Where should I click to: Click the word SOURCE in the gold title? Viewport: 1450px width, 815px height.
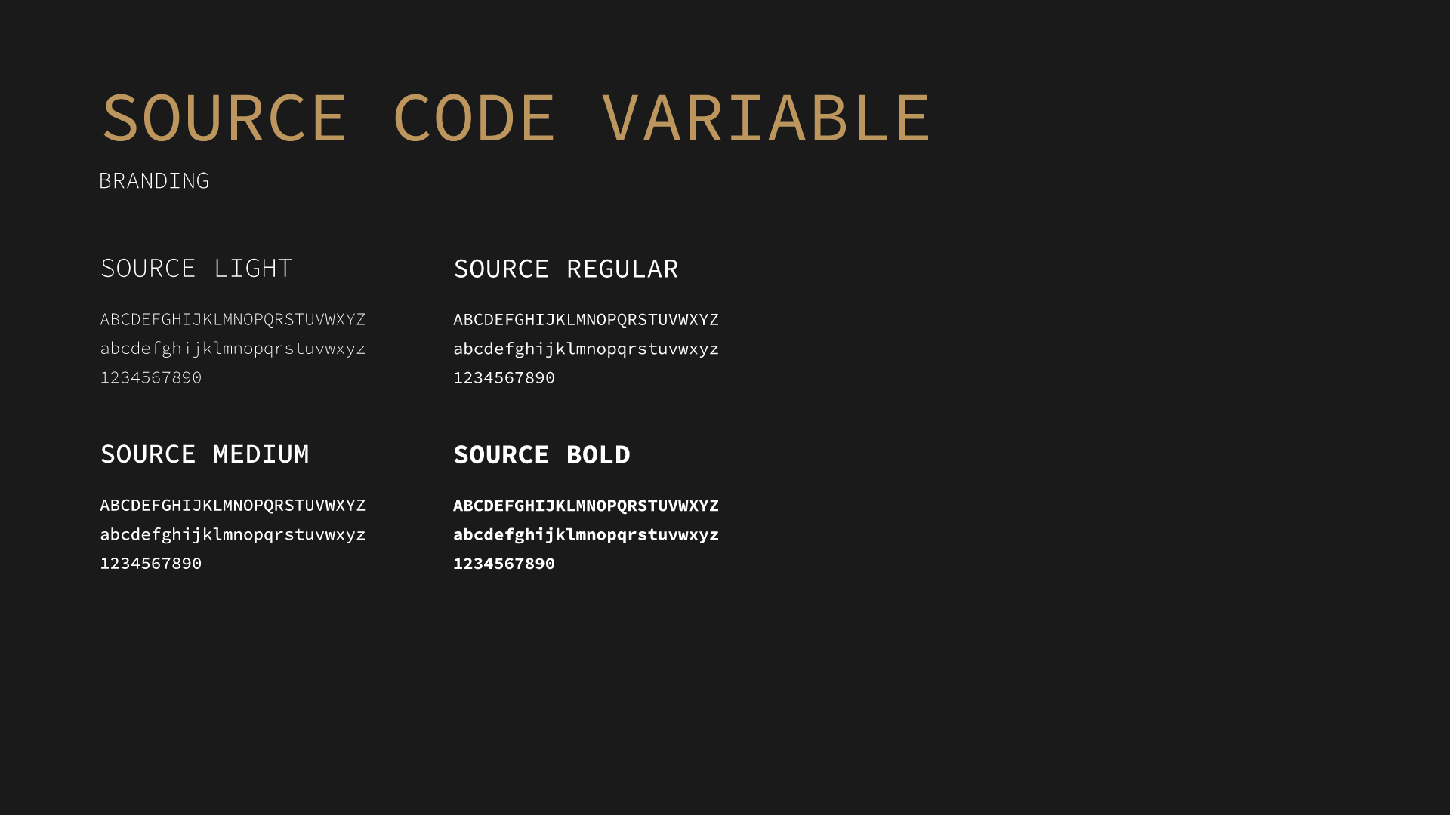224,118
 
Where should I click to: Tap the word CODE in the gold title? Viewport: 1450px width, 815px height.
474,118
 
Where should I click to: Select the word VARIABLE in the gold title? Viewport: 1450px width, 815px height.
767,118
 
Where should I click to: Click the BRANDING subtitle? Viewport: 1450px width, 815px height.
154,181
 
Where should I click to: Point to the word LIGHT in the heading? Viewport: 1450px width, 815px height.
253,269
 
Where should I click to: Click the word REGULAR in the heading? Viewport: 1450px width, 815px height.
622,269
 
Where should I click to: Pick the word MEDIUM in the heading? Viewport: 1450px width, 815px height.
261,454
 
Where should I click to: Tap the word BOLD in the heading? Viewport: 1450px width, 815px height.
598,455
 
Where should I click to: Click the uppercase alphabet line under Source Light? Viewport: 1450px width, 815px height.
233,319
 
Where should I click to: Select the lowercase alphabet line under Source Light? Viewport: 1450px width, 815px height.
233,349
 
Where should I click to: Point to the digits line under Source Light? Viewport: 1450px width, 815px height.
151,377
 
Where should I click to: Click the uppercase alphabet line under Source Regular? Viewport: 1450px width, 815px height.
586,319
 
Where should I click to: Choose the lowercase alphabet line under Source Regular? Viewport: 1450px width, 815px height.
586,349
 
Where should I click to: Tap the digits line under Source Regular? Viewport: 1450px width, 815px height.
504,377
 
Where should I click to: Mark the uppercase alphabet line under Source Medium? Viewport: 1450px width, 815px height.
233,505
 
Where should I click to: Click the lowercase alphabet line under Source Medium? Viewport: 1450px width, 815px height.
233,534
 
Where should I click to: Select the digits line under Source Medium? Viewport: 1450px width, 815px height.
151,564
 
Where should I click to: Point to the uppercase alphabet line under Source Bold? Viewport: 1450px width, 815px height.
586,506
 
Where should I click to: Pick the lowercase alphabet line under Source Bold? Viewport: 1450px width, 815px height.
586,534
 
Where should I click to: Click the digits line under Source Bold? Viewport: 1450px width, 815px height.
504,564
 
